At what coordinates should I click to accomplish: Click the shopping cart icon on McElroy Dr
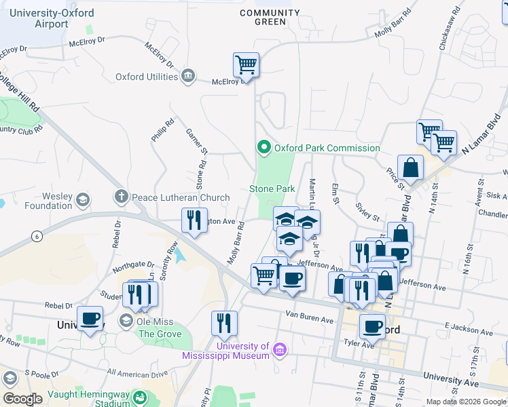coord(246,66)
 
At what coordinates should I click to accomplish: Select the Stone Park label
coord(272,189)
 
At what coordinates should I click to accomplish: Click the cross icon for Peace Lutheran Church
coord(122,197)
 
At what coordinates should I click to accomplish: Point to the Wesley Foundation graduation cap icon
coord(83,199)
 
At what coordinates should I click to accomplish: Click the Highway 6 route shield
coord(35,235)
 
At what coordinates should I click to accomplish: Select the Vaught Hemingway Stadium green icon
coord(140,397)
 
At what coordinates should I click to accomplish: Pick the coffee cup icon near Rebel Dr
coord(90,318)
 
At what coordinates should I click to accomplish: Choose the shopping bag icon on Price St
coord(410,167)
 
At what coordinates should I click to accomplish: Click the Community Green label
coord(270,17)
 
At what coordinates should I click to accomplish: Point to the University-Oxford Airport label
coord(44,18)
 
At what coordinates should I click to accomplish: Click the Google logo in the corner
coord(22,398)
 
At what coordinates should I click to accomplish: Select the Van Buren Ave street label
coord(310,316)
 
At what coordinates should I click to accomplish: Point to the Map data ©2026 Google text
coord(466,402)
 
